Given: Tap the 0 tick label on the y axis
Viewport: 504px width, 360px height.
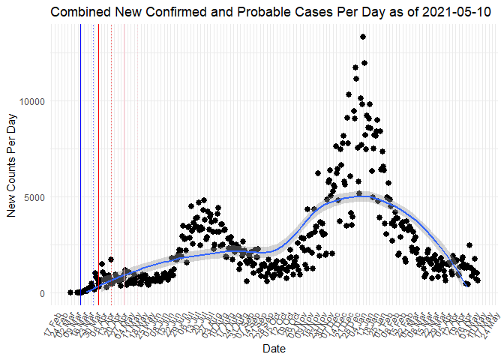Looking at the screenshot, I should pyautogui.click(x=42, y=293).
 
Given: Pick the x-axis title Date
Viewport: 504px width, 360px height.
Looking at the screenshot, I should pyautogui.click(x=274, y=349).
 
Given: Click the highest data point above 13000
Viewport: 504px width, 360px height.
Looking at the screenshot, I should pyautogui.click(x=363, y=36).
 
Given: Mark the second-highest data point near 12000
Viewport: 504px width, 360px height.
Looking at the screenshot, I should pyautogui.click(x=364, y=63).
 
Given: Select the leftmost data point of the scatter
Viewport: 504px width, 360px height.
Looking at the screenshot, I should pyautogui.click(x=70, y=292).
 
